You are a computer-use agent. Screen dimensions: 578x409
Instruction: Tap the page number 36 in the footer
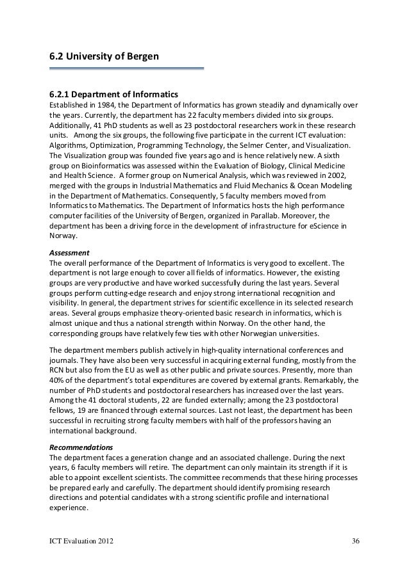(x=356, y=543)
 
